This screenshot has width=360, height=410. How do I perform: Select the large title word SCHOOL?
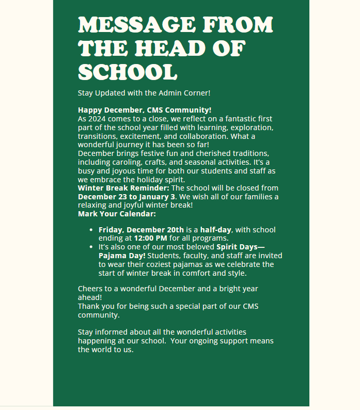127,72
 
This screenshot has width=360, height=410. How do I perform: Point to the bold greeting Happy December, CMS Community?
145,110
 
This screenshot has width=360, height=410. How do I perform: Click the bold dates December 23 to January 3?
126,197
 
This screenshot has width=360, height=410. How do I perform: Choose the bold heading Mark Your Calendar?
117,214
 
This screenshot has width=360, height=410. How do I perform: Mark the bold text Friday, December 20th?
141,230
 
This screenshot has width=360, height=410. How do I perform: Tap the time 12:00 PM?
150,238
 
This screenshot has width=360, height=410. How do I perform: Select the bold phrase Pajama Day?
122,256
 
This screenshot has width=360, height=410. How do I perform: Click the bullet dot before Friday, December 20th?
91,230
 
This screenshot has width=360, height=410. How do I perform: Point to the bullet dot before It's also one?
91,247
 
